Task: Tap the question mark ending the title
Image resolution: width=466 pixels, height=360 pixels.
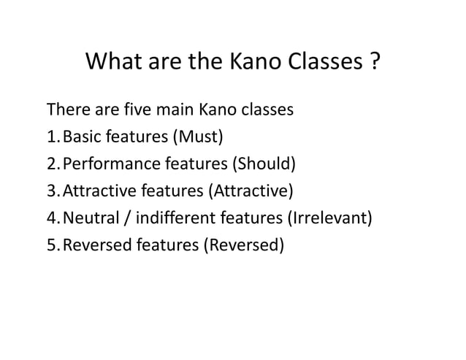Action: tap(373, 64)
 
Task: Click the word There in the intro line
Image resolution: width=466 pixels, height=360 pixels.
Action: tap(66, 111)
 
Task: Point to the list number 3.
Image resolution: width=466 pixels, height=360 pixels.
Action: tap(52, 192)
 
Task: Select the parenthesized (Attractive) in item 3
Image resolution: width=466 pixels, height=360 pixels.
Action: tap(251, 192)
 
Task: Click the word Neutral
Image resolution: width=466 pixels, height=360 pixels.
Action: tap(91, 218)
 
